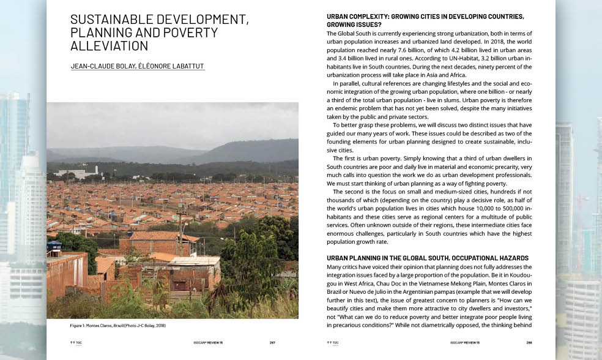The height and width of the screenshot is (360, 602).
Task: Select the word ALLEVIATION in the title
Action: [110, 45]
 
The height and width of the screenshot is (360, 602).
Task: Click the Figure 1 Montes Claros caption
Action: [114, 325]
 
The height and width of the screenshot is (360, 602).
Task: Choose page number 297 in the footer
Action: [272, 343]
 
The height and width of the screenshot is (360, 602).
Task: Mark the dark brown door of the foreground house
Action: [180, 286]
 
